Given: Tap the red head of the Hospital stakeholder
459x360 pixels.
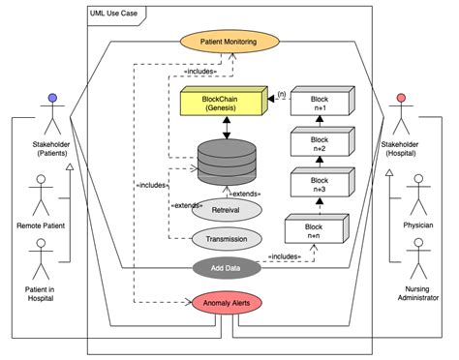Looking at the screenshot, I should coord(399,100).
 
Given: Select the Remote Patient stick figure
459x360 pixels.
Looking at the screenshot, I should coord(41,194).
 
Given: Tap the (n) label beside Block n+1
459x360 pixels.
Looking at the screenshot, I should coord(281,94).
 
